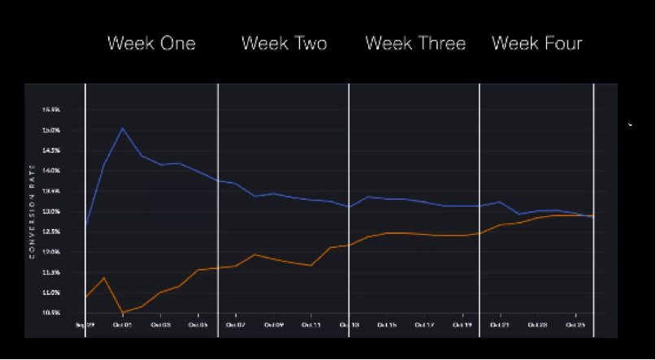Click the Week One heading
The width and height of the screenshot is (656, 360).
[151, 43]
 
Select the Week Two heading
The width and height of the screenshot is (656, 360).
[284, 43]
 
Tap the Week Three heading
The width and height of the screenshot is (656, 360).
[415, 43]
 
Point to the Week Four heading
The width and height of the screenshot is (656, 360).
[537, 43]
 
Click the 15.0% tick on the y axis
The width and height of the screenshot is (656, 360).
[50, 130]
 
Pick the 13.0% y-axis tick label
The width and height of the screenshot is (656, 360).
[50, 211]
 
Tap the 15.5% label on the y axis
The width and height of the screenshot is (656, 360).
[50, 110]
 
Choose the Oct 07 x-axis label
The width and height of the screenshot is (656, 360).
[235, 324]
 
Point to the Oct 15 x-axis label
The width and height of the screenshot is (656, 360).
[387, 324]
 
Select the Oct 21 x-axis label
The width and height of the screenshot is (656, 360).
[500, 324]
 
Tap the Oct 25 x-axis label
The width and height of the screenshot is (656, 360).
[576, 324]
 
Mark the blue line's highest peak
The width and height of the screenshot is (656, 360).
[123, 128]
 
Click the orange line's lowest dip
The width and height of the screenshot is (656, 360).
[123, 312]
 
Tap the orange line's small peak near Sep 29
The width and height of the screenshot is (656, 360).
[104, 278]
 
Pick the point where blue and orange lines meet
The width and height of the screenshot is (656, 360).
[587, 215]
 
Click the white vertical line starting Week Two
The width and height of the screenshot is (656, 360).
[218, 203]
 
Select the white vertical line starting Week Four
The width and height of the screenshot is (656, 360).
[480, 203]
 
